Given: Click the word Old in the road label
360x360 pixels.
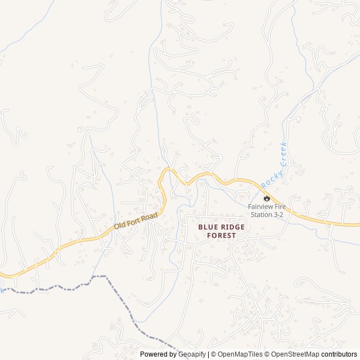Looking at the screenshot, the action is (120, 225).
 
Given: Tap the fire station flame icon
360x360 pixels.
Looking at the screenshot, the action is (267, 197).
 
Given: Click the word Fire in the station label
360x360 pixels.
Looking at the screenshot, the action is (280, 206).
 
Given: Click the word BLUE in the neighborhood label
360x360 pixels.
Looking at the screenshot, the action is (207, 227).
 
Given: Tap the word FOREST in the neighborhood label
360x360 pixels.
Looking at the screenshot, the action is (222, 235).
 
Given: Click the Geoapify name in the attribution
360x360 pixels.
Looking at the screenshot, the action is (192, 354).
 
